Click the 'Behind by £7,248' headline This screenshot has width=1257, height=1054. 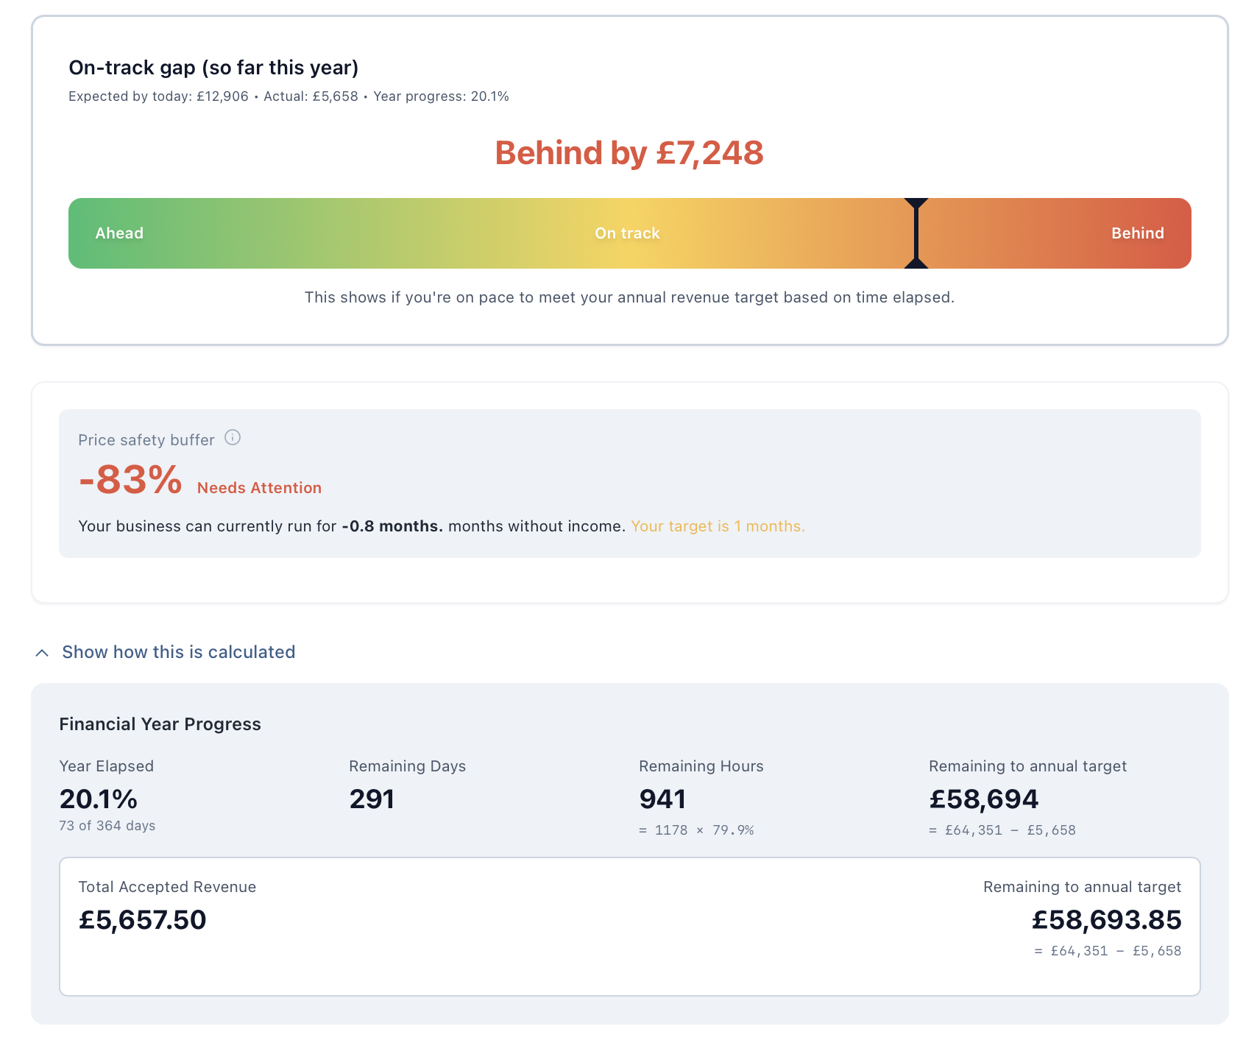click(628, 153)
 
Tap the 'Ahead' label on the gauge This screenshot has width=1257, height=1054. click(119, 233)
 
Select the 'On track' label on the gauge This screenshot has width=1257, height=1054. click(627, 233)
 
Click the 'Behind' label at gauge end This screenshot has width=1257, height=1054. click(1137, 233)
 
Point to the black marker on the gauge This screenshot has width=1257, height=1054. click(916, 233)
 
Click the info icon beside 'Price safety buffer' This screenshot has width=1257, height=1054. click(233, 438)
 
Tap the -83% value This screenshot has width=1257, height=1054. click(130, 480)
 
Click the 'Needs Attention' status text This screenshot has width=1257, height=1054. click(259, 488)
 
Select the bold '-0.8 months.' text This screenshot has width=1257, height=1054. click(392, 526)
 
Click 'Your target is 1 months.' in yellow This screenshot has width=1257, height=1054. click(718, 526)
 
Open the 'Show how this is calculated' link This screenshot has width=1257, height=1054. click(178, 652)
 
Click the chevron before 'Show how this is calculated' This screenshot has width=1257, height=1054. click(43, 653)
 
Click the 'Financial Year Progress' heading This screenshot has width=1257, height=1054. click(160, 724)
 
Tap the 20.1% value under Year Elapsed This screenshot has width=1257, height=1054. click(99, 799)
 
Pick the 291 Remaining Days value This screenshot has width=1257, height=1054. click(372, 799)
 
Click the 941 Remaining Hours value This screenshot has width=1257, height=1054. click(662, 799)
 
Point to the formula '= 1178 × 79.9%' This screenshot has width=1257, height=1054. click(696, 830)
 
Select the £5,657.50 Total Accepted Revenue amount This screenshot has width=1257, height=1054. click(143, 920)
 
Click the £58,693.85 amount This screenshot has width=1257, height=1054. click(1106, 920)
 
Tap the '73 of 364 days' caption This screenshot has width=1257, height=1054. click(107, 826)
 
